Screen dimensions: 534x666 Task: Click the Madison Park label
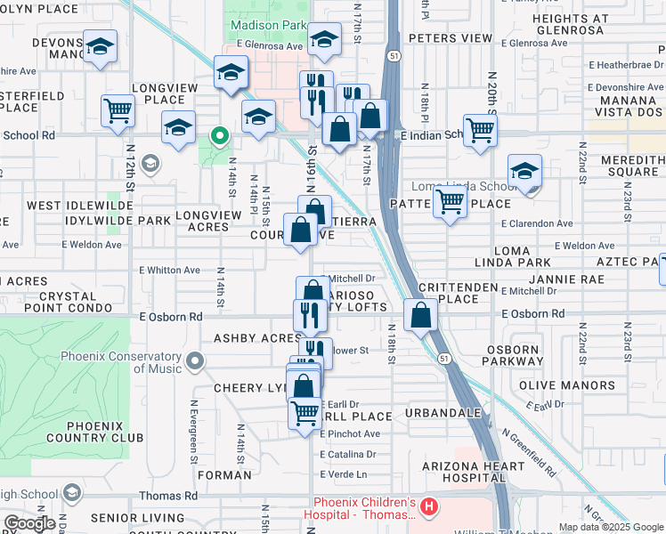267,26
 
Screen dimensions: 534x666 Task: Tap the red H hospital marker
429,507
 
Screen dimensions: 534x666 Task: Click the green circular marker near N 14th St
218,136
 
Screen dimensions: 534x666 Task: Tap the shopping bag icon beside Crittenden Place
419,315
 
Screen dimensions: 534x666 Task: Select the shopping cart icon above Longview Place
117,111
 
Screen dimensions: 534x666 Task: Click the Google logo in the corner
29,523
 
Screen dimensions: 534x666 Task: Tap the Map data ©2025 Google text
611,527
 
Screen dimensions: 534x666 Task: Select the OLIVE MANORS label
567,385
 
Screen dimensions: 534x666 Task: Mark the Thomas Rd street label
167,496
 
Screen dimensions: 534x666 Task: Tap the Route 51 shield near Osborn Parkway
443,358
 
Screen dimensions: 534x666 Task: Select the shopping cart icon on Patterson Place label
451,203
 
